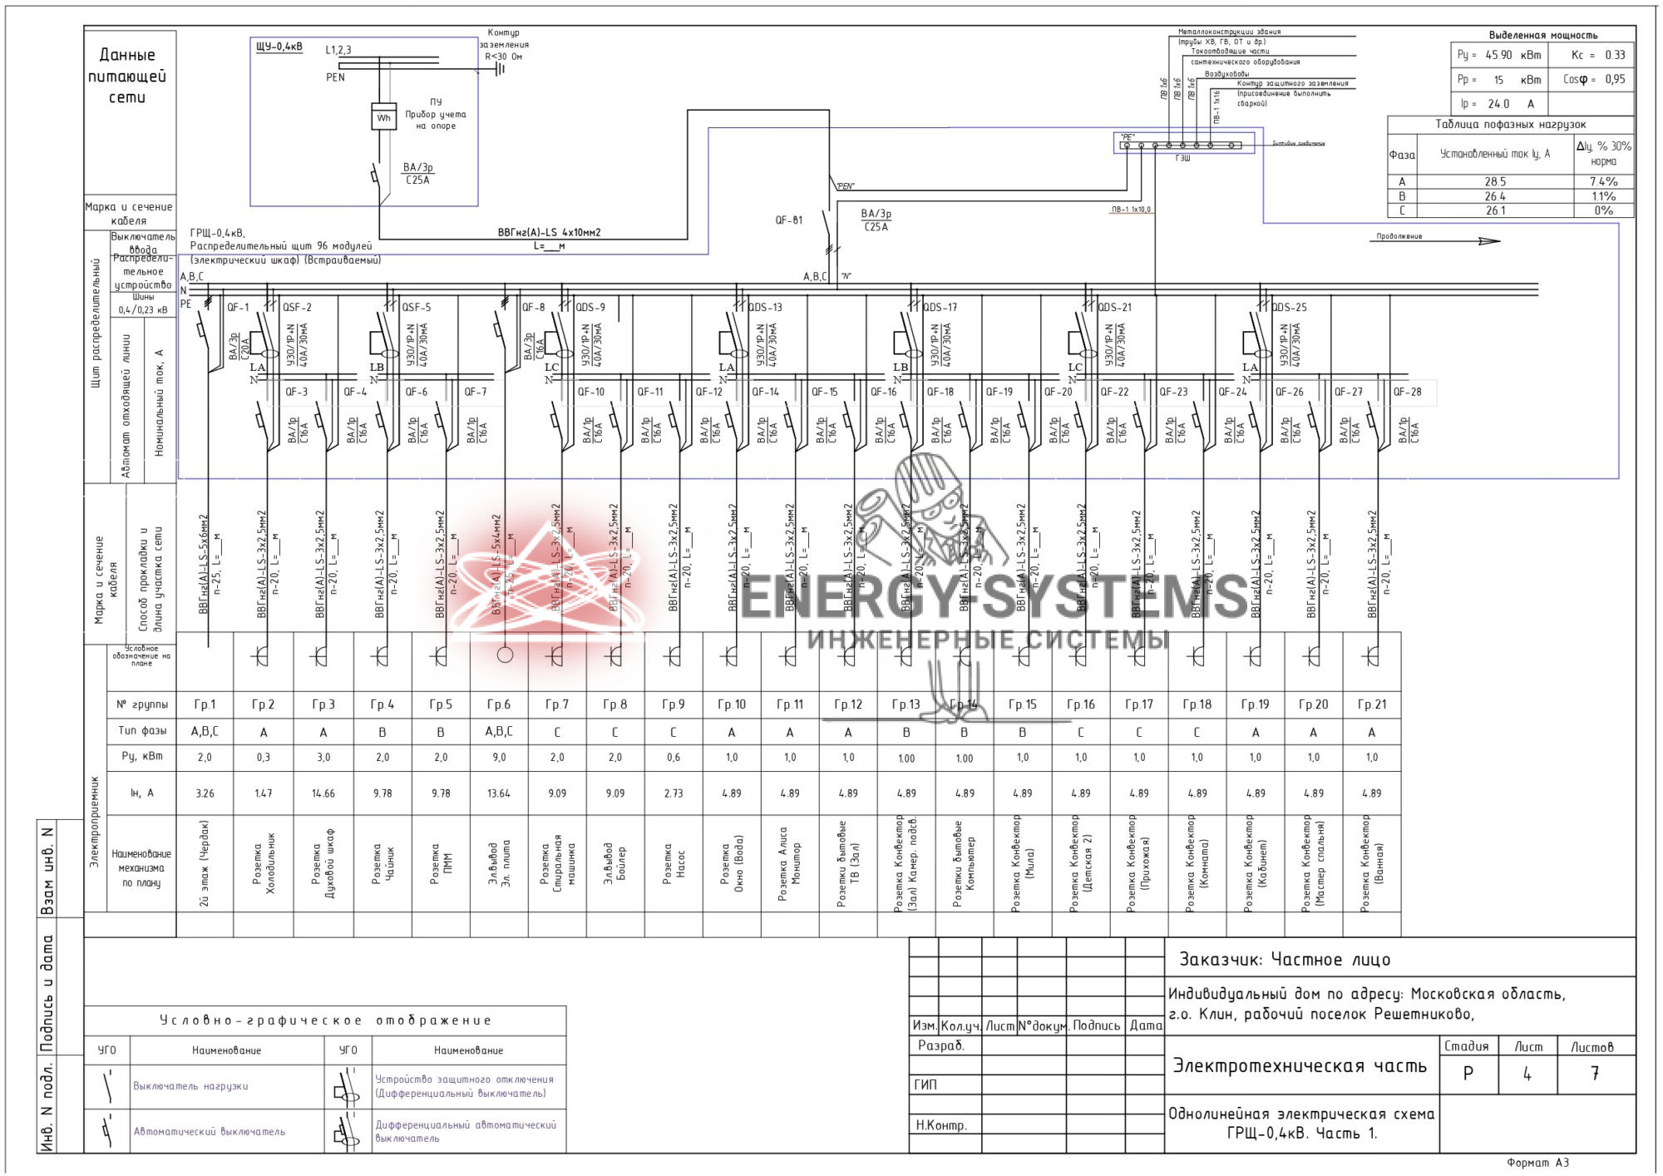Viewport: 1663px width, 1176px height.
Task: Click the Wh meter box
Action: pos(383,116)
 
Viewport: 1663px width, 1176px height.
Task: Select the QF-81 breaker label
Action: pos(788,220)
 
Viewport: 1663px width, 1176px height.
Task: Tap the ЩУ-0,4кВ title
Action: pos(279,47)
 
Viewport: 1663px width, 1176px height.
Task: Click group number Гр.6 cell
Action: pos(499,704)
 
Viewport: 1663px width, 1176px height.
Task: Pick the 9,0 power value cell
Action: pos(499,757)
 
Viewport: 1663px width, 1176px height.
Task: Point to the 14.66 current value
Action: pos(323,793)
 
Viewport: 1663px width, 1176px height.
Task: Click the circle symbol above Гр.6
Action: pos(505,655)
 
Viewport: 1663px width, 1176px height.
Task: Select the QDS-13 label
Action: pos(765,307)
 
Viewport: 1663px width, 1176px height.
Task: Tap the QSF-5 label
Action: pos(417,307)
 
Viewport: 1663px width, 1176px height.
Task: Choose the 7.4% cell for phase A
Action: pos(1603,181)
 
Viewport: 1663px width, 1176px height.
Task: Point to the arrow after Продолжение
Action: pos(1488,241)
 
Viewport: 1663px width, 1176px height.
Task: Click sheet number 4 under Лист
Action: pos(1527,1074)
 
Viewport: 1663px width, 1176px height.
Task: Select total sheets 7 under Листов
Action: pos(1595,1074)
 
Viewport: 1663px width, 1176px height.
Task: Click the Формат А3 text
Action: pos(1537,1163)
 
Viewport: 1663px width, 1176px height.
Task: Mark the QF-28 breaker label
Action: pos(1407,392)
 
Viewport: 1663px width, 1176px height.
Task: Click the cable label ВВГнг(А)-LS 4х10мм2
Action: pos(549,233)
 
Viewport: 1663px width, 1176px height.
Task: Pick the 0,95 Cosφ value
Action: pos(1615,79)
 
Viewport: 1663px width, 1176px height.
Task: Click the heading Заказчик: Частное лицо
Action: pos(1285,960)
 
